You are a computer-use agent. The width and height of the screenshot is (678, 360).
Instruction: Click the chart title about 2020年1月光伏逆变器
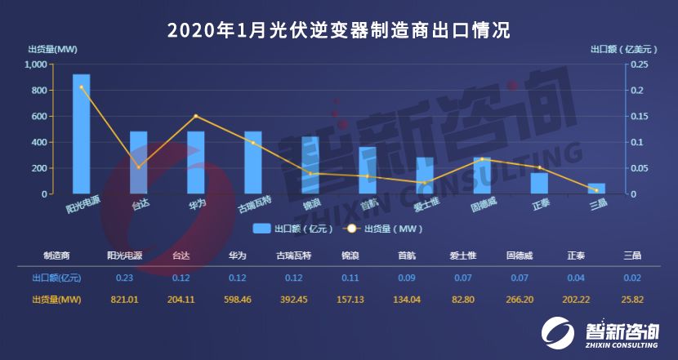(338, 30)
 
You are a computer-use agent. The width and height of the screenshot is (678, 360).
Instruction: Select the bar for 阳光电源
(82, 135)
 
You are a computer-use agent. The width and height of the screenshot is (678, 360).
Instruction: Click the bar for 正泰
(539, 184)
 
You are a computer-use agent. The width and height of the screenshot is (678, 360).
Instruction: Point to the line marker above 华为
(196, 116)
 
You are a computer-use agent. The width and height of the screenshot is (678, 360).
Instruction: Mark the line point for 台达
(138, 167)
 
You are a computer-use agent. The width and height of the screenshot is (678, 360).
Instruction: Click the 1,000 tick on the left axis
(35, 64)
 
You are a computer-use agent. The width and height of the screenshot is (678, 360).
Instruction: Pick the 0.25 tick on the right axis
(640, 64)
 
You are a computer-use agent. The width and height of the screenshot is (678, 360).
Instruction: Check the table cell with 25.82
(631, 300)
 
